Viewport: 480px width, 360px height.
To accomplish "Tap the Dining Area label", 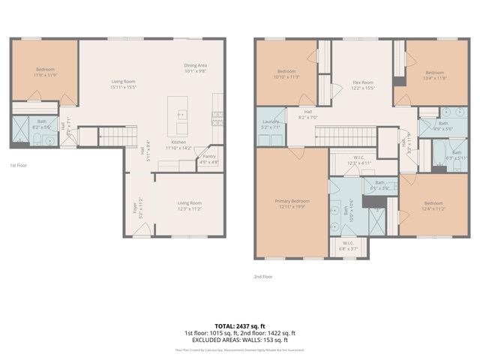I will coord(195,68).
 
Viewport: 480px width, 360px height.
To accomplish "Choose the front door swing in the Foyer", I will coord(140,231).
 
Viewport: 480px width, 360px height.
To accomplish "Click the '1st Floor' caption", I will coord(19,165).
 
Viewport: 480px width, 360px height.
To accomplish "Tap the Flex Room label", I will coord(363,85).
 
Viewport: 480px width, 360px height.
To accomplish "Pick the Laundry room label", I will coord(270,125).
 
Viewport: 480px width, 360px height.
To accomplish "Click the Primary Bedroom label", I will coord(292,203).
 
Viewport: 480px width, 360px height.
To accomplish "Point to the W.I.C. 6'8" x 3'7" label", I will coord(349,245).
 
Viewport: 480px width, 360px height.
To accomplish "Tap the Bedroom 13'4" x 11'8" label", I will coord(435,75).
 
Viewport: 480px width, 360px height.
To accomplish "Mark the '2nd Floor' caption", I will coord(263,277).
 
